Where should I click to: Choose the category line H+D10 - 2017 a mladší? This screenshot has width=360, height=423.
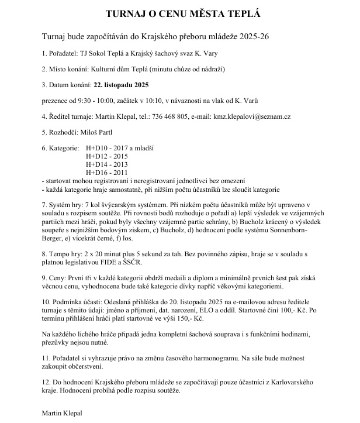(x=119, y=149)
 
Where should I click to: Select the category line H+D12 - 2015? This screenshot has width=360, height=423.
(x=106, y=157)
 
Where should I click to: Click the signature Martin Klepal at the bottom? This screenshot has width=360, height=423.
(x=63, y=412)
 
